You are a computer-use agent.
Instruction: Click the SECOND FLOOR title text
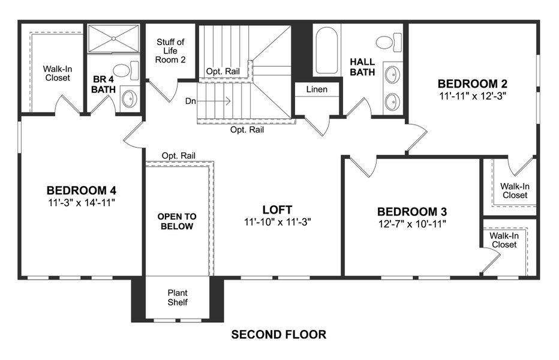click(x=279, y=335)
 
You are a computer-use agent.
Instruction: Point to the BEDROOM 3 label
click(x=411, y=212)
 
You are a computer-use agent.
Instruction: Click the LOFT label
click(x=277, y=209)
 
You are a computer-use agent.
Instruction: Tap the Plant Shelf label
click(x=178, y=298)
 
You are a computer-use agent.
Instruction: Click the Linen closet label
click(x=317, y=89)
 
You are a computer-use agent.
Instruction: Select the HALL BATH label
click(x=363, y=67)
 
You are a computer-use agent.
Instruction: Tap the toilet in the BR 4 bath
click(x=124, y=71)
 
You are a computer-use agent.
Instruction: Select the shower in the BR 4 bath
click(x=113, y=40)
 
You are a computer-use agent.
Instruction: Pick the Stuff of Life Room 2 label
click(x=170, y=51)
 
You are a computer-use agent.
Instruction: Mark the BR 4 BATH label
click(x=103, y=84)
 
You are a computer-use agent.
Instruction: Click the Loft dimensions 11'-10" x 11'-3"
click(x=277, y=221)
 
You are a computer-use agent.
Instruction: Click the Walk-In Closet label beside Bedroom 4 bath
click(x=56, y=73)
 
